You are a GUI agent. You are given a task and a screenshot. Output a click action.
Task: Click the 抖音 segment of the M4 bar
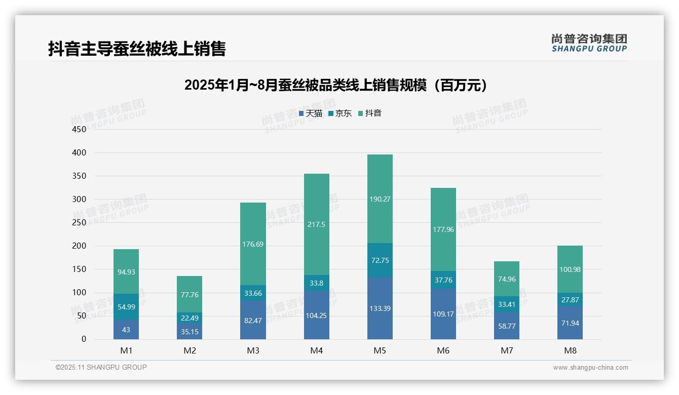[x=317, y=224]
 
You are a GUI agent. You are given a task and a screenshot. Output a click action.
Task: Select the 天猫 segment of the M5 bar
[x=380, y=308]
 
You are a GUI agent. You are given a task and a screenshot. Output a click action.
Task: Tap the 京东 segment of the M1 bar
[x=126, y=306]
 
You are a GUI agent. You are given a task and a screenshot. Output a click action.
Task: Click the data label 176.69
[x=253, y=244]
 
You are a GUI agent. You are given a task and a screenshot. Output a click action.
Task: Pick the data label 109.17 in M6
[x=443, y=314]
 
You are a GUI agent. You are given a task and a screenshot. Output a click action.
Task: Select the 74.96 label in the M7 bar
[x=507, y=279]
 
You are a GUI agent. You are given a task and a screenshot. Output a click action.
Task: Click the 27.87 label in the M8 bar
[x=570, y=300]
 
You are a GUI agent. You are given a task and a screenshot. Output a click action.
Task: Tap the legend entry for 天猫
[x=311, y=113]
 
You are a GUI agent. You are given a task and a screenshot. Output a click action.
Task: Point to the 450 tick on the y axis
[x=79, y=129]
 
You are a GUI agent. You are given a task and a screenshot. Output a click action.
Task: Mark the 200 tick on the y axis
[x=79, y=246]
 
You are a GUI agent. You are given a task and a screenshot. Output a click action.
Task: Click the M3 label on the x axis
[x=253, y=350]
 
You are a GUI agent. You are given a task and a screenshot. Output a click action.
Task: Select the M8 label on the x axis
[x=570, y=350]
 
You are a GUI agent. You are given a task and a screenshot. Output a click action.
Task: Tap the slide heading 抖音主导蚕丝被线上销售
[x=137, y=49]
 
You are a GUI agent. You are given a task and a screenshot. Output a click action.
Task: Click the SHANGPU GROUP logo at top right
[x=589, y=43]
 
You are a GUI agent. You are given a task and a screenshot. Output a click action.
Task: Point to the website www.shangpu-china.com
[x=590, y=368]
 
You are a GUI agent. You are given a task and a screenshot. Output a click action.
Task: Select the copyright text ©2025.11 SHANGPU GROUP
[x=101, y=368]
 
